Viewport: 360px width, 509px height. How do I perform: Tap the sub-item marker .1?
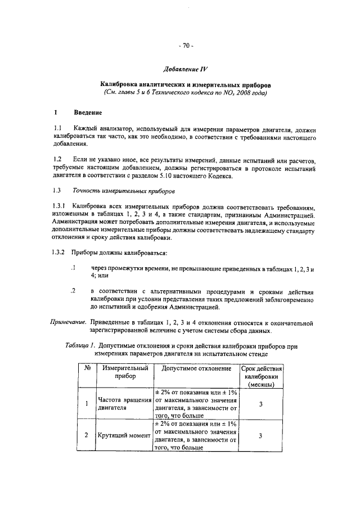[x=73, y=268]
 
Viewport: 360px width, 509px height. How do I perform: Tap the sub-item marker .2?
[x=73, y=291]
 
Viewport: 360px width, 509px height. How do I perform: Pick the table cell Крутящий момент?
[x=124, y=435]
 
